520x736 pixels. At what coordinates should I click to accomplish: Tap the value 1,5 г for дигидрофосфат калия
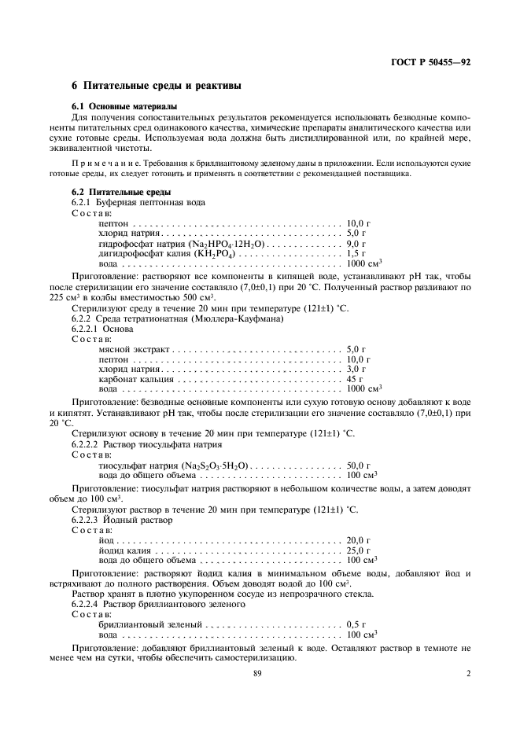pos(356,253)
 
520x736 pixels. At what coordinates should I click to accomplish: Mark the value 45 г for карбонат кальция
pos(355,377)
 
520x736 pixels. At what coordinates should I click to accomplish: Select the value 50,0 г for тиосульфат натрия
pos(358,466)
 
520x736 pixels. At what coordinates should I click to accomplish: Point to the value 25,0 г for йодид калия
pos(358,550)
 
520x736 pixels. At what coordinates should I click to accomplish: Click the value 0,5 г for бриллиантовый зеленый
pos(356,624)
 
